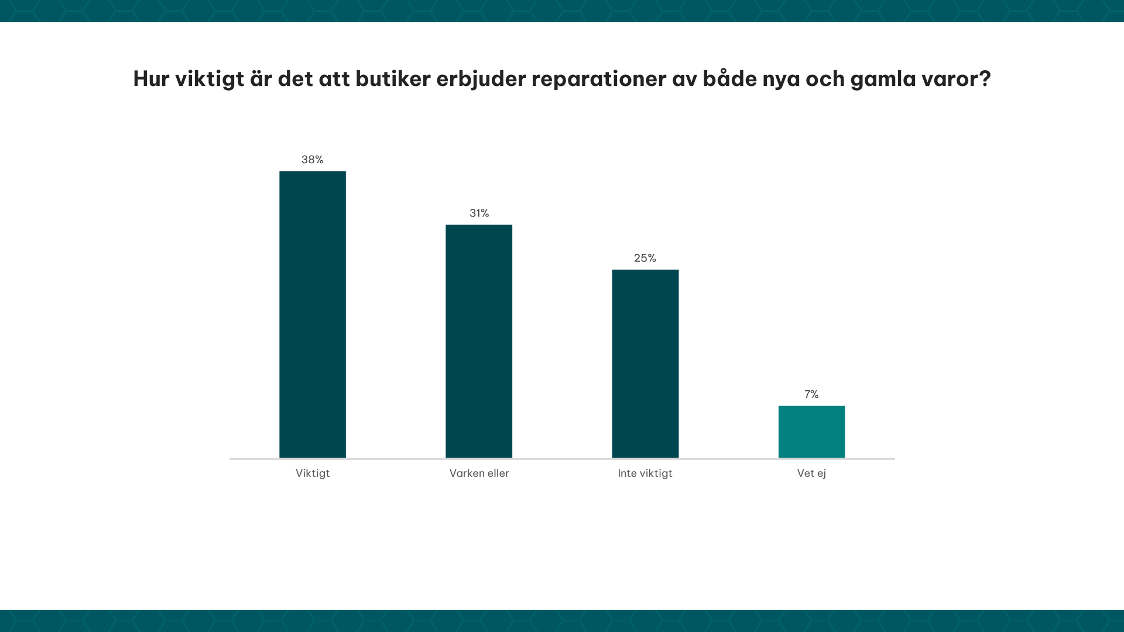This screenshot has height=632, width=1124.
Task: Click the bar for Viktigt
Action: coord(313,314)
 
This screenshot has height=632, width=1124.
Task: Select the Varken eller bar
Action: coord(479,341)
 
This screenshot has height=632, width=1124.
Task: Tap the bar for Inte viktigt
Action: coord(645,363)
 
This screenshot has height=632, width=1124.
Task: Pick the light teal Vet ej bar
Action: coord(811,432)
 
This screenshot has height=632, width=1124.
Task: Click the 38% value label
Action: coord(313,160)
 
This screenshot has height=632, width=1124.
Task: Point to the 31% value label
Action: coord(479,214)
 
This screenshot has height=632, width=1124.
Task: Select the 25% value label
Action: coord(645,258)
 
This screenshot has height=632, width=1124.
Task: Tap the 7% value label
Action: coord(811,394)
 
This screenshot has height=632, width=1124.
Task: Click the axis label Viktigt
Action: coord(313,473)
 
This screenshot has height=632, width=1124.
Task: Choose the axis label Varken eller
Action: coord(479,473)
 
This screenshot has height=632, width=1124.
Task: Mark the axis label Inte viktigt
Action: coord(645,473)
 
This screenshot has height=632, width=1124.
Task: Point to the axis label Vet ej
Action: coord(811,473)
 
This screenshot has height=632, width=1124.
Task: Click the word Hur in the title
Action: coord(151,79)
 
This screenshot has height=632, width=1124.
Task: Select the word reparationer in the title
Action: coord(598,79)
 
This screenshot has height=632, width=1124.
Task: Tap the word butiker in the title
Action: coord(393,79)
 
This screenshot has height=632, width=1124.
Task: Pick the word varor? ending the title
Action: coord(957,79)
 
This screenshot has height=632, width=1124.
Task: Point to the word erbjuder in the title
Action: coord(481,79)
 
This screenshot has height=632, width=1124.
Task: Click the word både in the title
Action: coord(729,79)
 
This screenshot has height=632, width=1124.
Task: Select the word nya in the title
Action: coord(781,79)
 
